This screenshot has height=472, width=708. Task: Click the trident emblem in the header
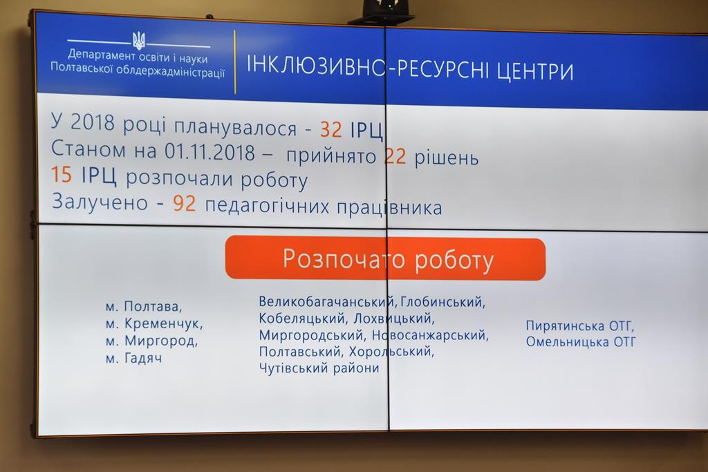(139, 41)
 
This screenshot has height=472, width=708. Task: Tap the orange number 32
(331, 129)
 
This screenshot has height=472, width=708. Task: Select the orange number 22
(395, 156)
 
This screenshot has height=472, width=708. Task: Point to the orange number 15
(62, 174)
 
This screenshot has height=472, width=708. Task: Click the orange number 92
(184, 203)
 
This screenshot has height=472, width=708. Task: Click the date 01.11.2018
(209, 152)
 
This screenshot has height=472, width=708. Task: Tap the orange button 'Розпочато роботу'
(385, 258)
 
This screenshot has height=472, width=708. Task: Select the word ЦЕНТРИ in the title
(536, 72)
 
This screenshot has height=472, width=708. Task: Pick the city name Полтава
(153, 306)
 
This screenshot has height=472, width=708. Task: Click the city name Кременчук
(163, 323)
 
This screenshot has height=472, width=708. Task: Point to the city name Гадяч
(142, 358)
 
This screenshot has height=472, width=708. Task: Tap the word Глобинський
(443, 301)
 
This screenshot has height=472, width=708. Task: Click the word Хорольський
(391, 351)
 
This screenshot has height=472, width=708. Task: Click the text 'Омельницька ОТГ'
(581, 341)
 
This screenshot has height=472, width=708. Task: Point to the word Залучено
(100, 202)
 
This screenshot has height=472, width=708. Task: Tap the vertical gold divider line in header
(235, 62)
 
